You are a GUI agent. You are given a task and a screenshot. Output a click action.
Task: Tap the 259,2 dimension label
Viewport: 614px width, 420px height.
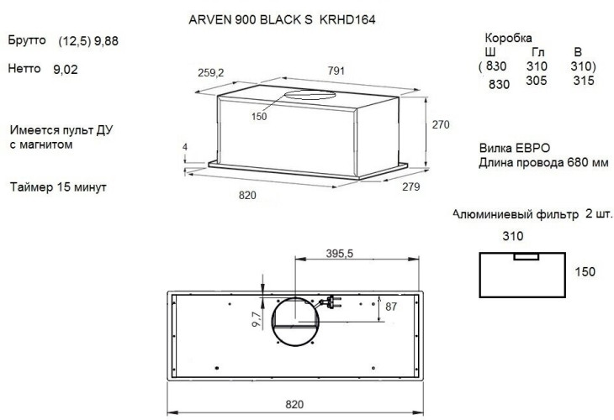pyautogui.click(x=209, y=73)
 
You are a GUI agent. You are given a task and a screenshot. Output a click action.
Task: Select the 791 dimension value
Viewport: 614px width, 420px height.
pyautogui.click(x=335, y=72)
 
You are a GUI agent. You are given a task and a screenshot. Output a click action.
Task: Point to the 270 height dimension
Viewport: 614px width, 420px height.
pyautogui.click(x=440, y=124)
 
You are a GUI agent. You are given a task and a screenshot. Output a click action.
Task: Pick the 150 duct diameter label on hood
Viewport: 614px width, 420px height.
pyautogui.click(x=258, y=117)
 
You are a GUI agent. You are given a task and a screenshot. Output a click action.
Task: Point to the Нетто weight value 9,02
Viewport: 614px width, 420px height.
pyautogui.click(x=65, y=71)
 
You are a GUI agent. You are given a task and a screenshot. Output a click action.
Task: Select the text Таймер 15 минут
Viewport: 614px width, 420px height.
pyautogui.click(x=59, y=186)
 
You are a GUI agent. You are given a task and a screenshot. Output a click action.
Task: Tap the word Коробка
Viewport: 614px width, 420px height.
pyautogui.click(x=508, y=39)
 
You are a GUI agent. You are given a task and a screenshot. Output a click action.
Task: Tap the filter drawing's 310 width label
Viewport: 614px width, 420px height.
pyautogui.click(x=513, y=237)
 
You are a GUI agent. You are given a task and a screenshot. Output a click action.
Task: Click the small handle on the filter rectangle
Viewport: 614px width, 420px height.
pyautogui.click(x=527, y=256)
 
